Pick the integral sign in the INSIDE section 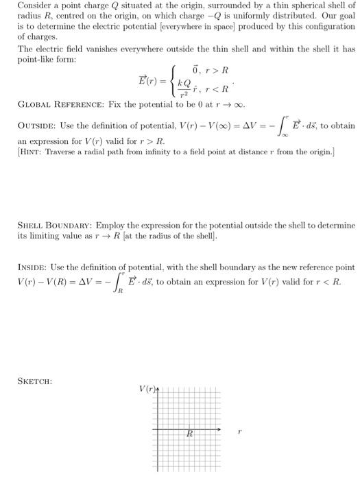tap(120, 282)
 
